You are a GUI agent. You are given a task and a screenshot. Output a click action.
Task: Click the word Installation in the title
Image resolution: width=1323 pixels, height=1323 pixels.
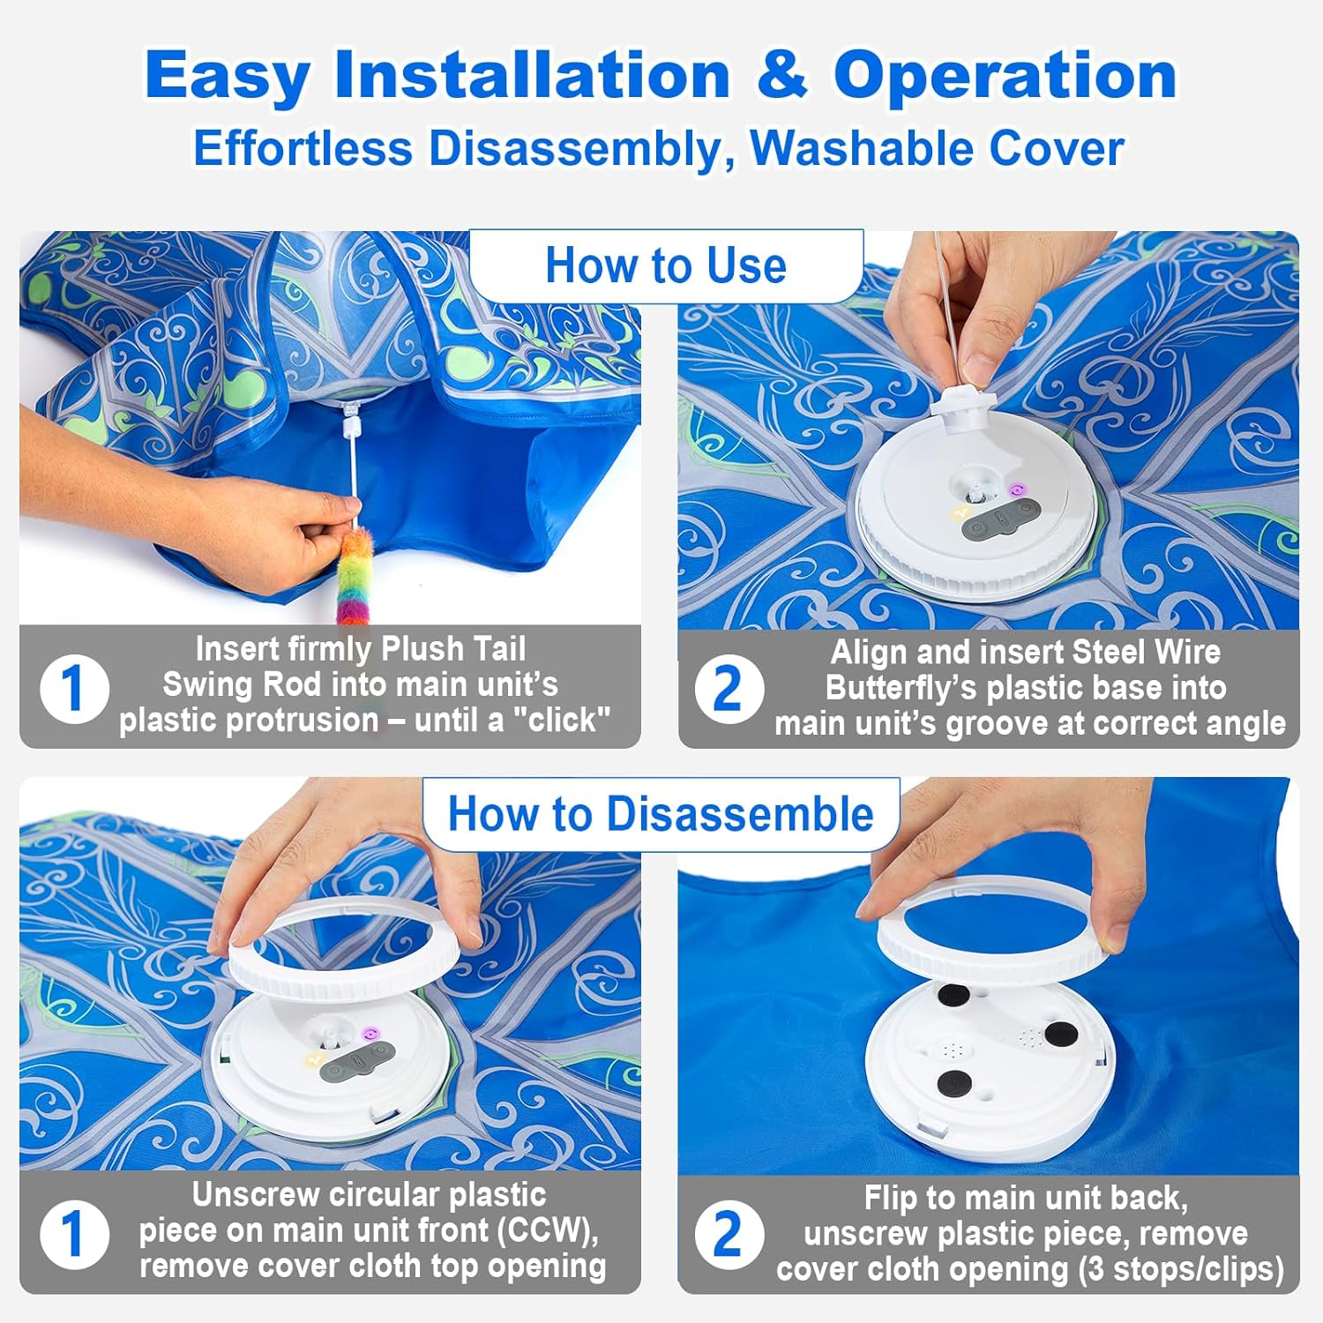(532, 75)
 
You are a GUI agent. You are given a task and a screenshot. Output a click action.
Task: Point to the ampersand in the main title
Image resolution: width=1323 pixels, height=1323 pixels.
(781, 75)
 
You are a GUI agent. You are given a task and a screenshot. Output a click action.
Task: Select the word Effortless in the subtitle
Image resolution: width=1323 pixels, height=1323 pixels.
(303, 148)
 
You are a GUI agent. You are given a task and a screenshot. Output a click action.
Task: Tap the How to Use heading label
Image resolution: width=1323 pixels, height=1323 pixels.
(666, 265)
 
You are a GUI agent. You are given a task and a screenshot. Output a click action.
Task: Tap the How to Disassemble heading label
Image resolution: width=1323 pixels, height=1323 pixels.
(661, 813)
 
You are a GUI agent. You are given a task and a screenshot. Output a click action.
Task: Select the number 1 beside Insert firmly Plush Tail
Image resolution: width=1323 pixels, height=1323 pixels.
(74, 688)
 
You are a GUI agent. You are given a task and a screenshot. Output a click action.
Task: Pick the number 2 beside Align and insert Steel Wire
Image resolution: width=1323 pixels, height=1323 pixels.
(728, 689)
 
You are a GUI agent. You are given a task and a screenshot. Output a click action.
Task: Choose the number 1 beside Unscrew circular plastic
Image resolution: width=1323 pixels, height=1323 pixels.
(74, 1233)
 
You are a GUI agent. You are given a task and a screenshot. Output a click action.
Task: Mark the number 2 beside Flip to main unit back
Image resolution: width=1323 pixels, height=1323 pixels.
(728, 1233)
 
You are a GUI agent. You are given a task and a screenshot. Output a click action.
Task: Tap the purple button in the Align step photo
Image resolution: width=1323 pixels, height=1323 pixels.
(1018, 489)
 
